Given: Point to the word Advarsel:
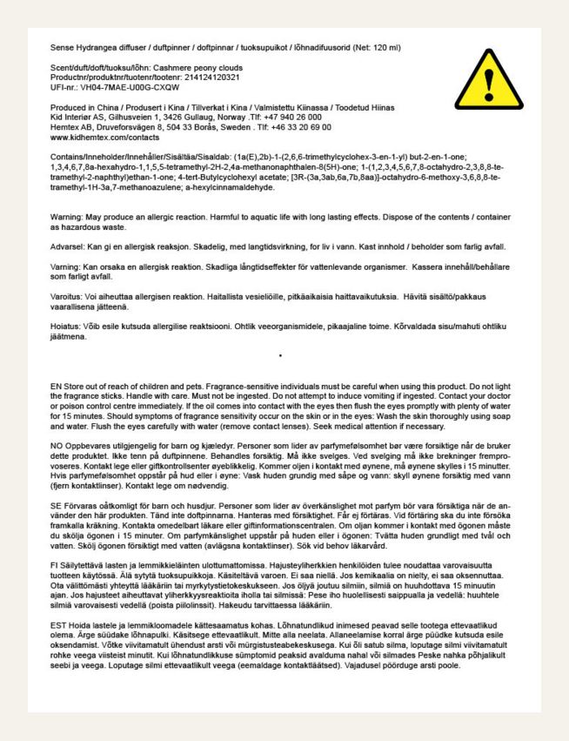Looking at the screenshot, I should pos(50,246).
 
